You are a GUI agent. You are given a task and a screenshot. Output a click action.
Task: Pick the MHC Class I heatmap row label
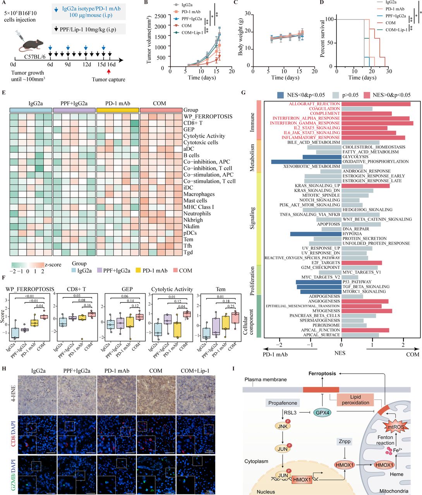pos(199,207)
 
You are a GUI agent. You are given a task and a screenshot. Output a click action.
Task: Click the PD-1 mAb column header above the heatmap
pos(117,103)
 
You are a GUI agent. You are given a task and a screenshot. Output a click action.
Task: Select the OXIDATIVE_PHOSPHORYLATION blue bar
pos(306,162)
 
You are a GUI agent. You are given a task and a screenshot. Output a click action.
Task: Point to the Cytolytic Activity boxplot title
pos(172,289)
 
